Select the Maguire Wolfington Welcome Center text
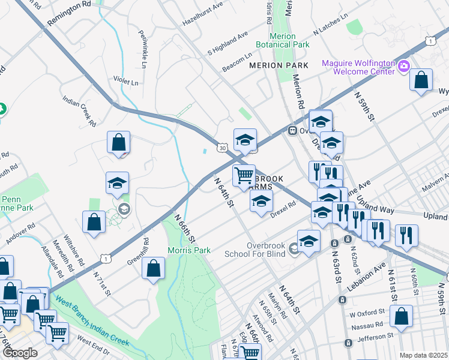tap(358, 67)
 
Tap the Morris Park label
tap(188, 250)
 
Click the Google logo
tap(19, 353)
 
